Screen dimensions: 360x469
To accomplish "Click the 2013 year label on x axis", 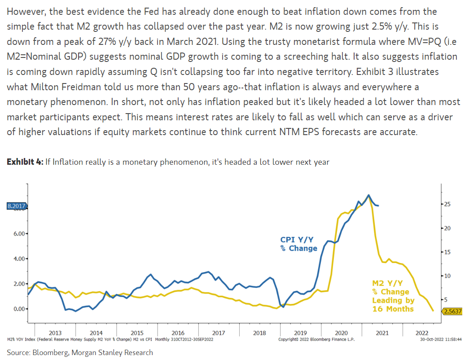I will pos(55,333).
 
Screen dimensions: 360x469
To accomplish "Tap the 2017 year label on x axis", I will pos(219,333).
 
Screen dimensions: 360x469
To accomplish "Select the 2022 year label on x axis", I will pos(422,333).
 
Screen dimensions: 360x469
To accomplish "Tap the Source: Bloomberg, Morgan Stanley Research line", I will pos(80,352).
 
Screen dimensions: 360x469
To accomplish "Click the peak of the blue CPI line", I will pos(368,195).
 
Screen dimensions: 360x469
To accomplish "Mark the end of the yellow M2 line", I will pos(433,311).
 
